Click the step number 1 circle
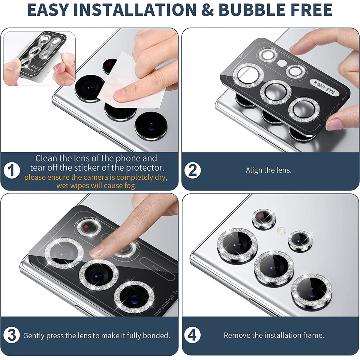(x=12, y=171)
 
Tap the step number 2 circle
(x=192, y=170)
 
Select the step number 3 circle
(x=12, y=335)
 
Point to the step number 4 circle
(x=192, y=335)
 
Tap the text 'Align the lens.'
(x=268, y=170)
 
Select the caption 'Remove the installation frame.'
(x=274, y=335)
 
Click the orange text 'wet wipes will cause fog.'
(x=96, y=186)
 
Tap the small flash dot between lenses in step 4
(x=281, y=230)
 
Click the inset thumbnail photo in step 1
(x=39, y=58)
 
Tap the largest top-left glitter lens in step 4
(x=237, y=244)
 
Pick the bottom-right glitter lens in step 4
(x=311, y=289)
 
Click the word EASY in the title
(x=48, y=10)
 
